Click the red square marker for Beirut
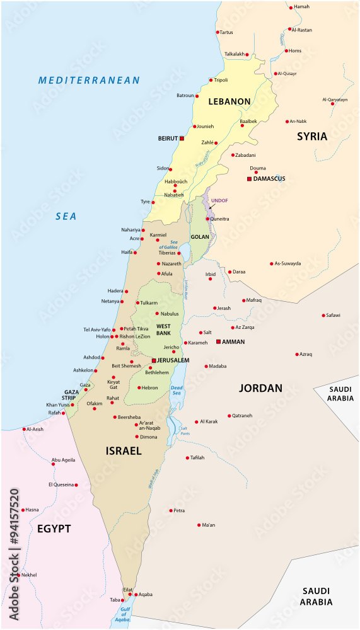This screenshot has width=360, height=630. tap(182, 138)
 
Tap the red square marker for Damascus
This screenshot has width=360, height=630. tap(249, 179)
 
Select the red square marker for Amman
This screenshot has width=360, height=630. tap(218, 341)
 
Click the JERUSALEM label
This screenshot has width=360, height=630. tap(173, 360)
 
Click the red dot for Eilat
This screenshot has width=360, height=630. tap(131, 594)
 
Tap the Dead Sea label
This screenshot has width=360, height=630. tap(177, 390)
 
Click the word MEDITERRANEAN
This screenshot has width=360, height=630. tap(89, 81)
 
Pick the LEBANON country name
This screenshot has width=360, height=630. tap(229, 101)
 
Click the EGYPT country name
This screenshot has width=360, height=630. tap(54, 529)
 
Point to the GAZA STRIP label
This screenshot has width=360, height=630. tap(71, 395)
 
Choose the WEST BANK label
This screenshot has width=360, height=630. tap(163, 329)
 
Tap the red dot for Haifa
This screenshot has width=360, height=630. tap(134, 252)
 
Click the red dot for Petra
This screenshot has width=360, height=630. tap(171, 510)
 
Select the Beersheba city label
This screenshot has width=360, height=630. tap(130, 417)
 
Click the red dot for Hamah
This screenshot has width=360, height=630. tap(291, 7)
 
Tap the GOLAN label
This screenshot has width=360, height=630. tap(200, 238)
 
